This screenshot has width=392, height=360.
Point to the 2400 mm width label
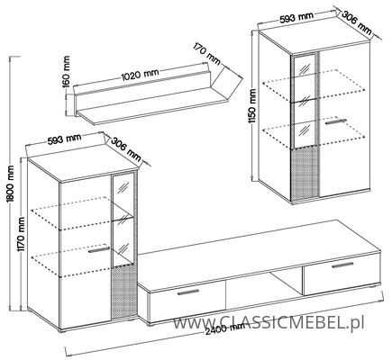coord(225,330)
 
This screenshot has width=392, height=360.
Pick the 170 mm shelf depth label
coord(207,54)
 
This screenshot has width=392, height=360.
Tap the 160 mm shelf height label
coord(67,71)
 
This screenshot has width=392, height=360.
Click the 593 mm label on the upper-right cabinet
coord(296,18)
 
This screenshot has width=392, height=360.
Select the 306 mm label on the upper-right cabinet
coord(357,22)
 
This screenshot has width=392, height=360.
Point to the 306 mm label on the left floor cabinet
coord(126,148)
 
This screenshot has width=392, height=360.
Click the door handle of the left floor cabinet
coord(99,250)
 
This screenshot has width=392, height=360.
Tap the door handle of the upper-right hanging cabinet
coord(335,121)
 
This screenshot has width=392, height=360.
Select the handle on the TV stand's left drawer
coord(188,292)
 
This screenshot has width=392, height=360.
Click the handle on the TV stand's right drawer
coord(342,265)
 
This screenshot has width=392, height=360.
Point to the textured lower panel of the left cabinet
coord(124,292)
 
